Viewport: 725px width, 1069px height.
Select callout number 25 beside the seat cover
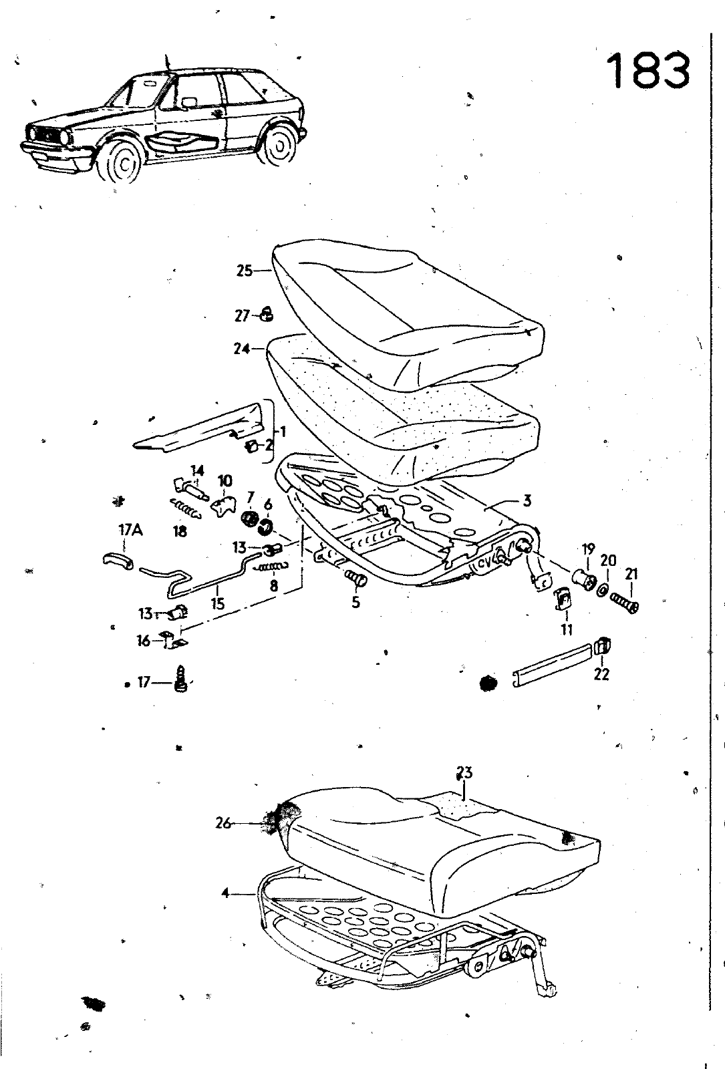[x=244, y=271]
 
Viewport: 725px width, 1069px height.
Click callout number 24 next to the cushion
[x=242, y=349]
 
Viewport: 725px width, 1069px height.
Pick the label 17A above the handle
[x=130, y=530]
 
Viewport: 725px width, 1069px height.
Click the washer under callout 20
[x=603, y=591]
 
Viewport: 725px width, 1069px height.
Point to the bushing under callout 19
[x=583, y=579]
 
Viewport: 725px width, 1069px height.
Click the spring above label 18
[x=186, y=508]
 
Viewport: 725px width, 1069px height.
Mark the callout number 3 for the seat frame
[x=527, y=500]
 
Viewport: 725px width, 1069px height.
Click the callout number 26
[x=223, y=823]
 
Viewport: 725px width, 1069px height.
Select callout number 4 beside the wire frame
[x=225, y=893]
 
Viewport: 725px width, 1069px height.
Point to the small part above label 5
[x=356, y=579]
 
